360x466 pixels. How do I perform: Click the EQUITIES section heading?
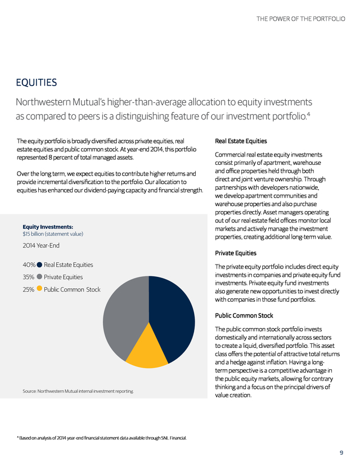(x=37, y=83)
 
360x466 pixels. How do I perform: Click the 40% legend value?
(x=29, y=265)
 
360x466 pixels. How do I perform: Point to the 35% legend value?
(x=29, y=277)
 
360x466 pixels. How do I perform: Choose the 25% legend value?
(x=29, y=289)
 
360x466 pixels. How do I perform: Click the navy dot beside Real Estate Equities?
(x=40, y=265)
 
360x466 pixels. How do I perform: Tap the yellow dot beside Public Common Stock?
(x=39, y=289)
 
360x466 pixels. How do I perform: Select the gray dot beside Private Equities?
(x=39, y=277)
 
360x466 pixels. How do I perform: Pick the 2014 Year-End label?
(x=42, y=245)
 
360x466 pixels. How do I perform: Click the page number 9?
(x=341, y=453)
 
